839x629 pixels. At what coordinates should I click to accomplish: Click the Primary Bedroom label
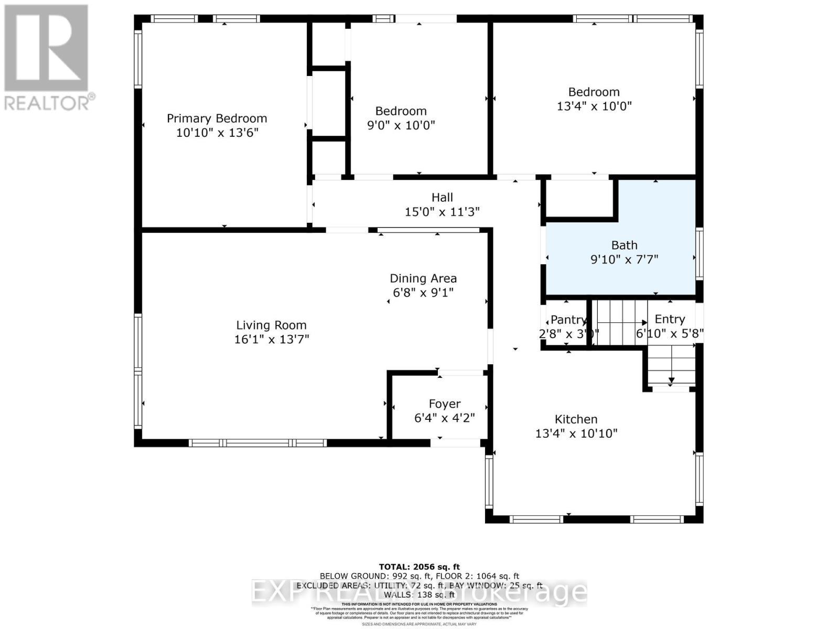[217, 118]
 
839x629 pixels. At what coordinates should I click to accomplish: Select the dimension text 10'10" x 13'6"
[217, 133]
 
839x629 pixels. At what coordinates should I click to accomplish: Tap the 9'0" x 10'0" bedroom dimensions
[401, 125]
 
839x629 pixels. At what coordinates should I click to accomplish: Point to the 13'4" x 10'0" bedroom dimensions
[594, 106]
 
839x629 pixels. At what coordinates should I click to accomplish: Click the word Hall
[442, 198]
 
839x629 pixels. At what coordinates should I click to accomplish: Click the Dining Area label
[423, 278]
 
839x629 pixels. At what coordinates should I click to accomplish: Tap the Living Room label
[271, 325]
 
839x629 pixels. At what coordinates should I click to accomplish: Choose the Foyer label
[444, 404]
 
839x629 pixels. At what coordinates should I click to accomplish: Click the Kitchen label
[576, 419]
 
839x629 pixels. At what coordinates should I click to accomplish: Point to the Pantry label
[568, 320]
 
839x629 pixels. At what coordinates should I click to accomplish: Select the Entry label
[670, 319]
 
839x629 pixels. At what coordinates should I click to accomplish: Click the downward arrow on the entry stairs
[671, 379]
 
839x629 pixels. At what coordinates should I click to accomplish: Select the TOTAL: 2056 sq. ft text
[419, 567]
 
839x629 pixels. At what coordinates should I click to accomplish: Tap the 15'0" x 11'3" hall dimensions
[442, 212]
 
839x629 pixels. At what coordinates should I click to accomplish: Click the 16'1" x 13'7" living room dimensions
[271, 339]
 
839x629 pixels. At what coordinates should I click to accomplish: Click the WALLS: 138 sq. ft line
[419, 595]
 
